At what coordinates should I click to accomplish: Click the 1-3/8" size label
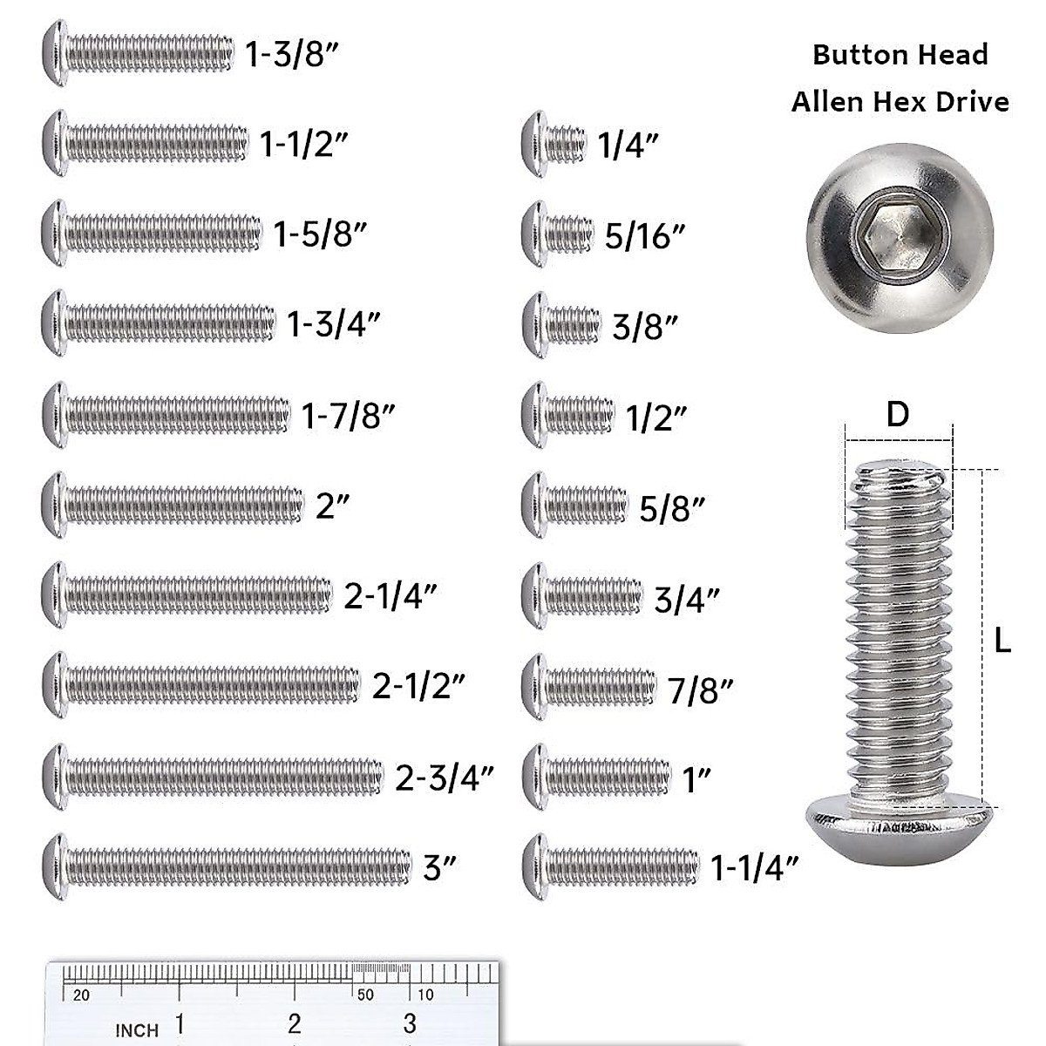[291, 55]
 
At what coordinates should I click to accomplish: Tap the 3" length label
[440, 868]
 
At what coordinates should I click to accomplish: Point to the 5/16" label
[645, 235]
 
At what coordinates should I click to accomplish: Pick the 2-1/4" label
[391, 596]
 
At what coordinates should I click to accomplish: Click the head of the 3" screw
[54, 867]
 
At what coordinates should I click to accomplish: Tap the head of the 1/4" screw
[534, 144]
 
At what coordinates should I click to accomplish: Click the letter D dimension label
[897, 415]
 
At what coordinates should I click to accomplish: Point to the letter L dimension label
[1002, 642]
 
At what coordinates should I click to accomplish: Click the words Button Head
[900, 55]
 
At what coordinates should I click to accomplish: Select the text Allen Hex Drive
[900, 102]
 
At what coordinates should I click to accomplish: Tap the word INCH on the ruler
[137, 1030]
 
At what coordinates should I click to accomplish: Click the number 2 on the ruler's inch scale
[295, 1023]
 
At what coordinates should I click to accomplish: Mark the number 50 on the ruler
[365, 995]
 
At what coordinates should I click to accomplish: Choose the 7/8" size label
[701, 690]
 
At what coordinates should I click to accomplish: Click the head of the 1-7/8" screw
[54, 415]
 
